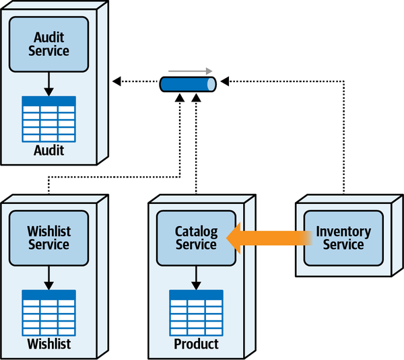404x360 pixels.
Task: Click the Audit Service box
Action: point(48,44)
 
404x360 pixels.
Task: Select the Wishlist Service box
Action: point(48,238)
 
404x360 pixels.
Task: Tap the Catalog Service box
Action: point(196,238)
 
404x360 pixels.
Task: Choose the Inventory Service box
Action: point(343,238)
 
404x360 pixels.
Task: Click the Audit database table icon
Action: point(48,118)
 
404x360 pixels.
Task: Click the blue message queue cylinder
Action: point(188,85)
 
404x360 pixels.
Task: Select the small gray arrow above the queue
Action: point(191,70)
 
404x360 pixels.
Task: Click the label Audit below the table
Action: point(48,150)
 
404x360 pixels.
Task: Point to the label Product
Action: point(196,345)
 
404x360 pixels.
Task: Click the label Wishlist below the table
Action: point(48,345)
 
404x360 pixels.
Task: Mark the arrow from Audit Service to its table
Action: point(48,83)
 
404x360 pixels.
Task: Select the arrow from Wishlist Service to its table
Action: point(48,277)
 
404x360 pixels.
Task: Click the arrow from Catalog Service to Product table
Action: point(196,277)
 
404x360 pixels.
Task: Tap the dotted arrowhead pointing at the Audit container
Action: point(116,82)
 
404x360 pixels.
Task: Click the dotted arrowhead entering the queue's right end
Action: point(225,82)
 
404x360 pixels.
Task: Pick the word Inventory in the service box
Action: point(343,231)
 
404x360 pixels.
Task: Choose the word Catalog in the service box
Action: point(196,231)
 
